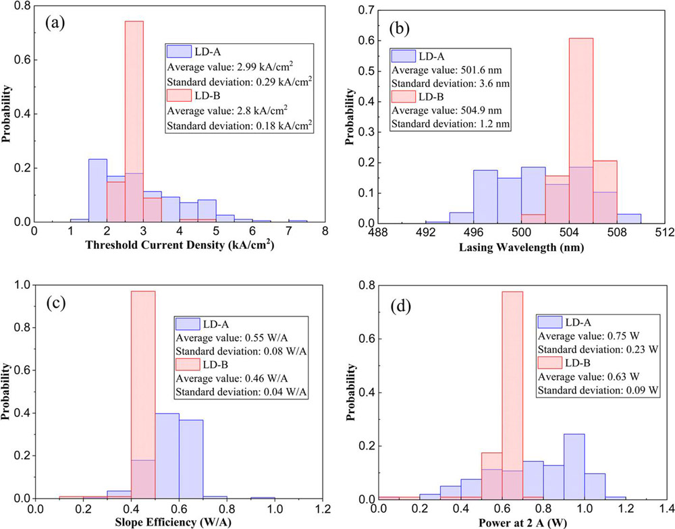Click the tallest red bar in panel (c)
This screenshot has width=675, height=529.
click(143, 378)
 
